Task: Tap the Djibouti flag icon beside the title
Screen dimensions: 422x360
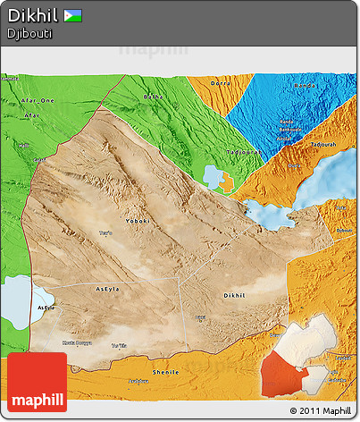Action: (72, 15)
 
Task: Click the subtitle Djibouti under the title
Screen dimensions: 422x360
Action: (29, 33)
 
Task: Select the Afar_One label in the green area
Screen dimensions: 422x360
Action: (38, 101)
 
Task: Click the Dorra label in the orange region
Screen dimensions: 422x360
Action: (219, 84)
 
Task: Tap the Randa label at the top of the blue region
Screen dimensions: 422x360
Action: (304, 87)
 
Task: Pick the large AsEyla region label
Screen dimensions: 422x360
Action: (107, 289)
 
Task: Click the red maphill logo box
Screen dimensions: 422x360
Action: (37, 382)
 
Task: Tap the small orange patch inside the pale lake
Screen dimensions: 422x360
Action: (228, 182)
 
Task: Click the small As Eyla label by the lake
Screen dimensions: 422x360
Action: (46, 306)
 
